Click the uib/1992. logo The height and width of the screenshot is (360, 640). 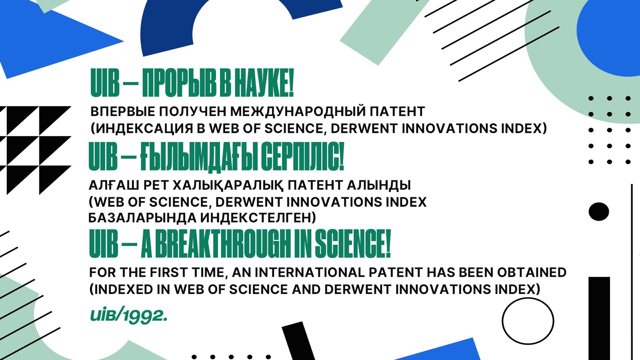[x=128, y=316]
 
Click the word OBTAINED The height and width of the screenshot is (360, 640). [x=532, y=272]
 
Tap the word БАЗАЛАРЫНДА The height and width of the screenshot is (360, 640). [x=142, y=218]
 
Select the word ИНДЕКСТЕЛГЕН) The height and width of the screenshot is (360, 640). [x=258, y=218]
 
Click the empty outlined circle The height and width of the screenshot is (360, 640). [x=528, y=321]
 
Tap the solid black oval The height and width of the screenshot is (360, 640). [x=599, y=212]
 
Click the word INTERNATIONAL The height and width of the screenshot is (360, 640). [x=310, y=272]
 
